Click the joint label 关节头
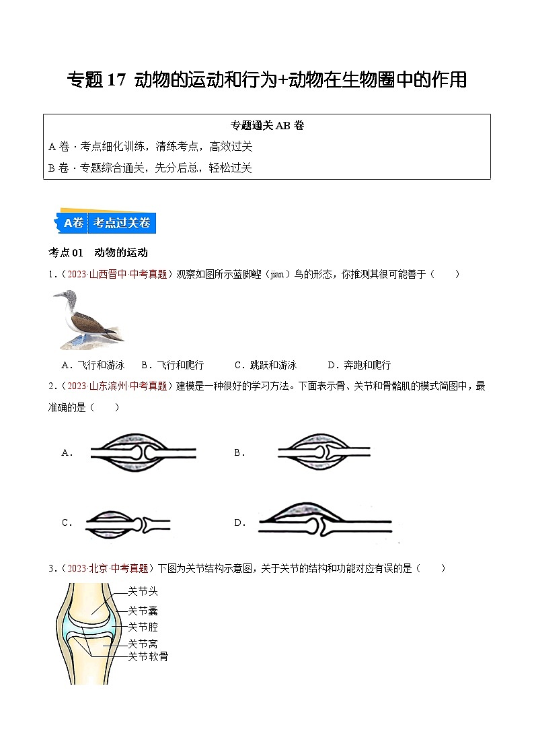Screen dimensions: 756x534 click(143, 592)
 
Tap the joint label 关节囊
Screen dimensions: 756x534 click(143, 611)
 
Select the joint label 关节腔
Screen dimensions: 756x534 click(143, 627)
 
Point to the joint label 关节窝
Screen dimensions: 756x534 click(143, 644)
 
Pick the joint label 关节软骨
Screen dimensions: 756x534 click(148, 656)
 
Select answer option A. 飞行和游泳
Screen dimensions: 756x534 click(93, 365)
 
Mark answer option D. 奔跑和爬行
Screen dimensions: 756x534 click(358, 365)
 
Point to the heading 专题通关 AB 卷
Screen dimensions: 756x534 click(267, 125)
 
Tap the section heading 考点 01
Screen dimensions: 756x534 click(66, 252)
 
